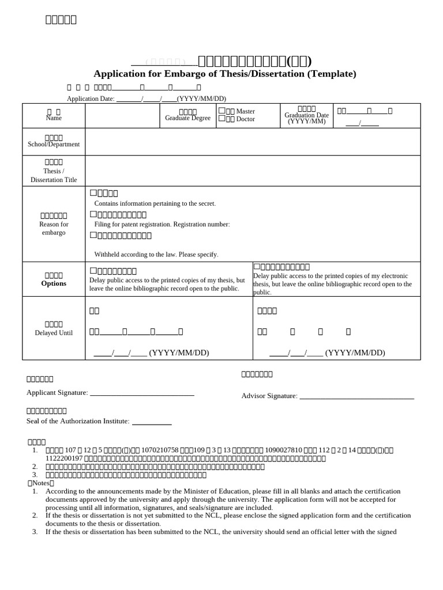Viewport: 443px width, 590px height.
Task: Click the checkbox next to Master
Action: pyautogui.click(x=221, y=111)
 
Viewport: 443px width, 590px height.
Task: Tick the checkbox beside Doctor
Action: pyautogui.click(x=221, y=119)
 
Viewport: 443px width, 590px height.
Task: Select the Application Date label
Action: pyautogui.click(x=91, y=99)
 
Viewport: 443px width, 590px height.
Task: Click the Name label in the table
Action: pyautogui.click(x=54, y=118)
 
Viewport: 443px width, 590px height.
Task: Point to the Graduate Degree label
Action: pyautogui.click(x=187, y=118)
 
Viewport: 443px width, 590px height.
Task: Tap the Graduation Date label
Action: pyautogui.click(x=306, y=115)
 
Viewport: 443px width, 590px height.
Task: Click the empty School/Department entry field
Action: pyautogui.click(x=253, y=142)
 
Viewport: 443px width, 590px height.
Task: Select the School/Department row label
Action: pyautogui.click(x=54, y=144)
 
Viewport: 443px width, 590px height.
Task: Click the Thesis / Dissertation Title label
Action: pyautogui.click(x=54, y=175)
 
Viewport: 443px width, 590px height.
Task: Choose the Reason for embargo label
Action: pyautogui.click(x=54, y=228)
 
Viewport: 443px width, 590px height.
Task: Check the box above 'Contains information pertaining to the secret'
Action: pyautogui.click(x=93, y=193)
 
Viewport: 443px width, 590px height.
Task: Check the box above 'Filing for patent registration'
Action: pyautogui.click(x=93, y=214)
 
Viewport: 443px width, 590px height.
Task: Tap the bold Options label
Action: pyautogui.click(x=54, y=283)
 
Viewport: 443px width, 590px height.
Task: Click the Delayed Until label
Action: pyautogui.click(x=54, y=333)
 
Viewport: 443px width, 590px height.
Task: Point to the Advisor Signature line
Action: pyautogui.click(x=356, y=396)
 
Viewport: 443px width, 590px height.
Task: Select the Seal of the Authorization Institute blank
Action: pyautogui.click(x=152, y=422)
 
